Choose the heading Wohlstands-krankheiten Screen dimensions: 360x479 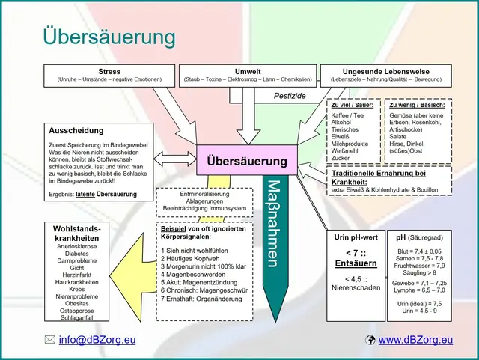tap(77, 232)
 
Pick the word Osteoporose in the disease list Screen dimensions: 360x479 tap(77, 308)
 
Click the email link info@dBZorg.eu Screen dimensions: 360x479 tap(97, 340)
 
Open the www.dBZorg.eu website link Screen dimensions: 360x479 tap(416, 340)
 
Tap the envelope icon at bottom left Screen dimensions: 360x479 tap(50, 340)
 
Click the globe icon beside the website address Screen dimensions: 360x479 tap(370, 340)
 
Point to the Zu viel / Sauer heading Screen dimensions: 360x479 tap(352, 106)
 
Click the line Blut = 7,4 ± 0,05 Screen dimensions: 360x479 tap(419, 251)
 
